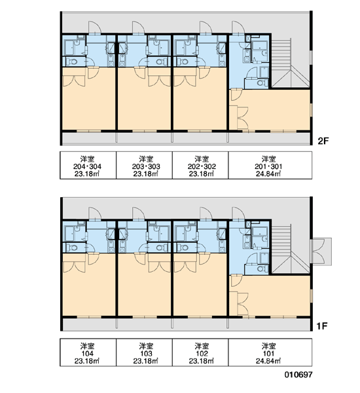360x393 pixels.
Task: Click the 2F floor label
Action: pos(323,141)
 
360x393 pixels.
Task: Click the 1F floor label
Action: pos(322,326)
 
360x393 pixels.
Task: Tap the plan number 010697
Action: pos(298,375)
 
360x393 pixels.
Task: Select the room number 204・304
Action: pos(88,166)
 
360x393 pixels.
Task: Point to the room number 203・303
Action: pos(147,166)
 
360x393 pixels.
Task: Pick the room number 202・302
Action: pos(202,166)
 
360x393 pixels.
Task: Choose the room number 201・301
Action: pos(268,166)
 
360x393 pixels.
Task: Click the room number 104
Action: pos(88,354)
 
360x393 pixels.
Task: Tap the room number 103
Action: pos(147,354)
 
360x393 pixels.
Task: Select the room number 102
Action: pos(202,354)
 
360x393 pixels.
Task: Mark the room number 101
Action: pos(268,354)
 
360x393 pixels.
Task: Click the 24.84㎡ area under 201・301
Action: pos(268,174)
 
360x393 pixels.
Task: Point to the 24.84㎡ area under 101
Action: pos(268,361)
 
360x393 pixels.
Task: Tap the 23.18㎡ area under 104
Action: pos(87,361)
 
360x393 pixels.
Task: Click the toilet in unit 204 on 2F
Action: pos(73,62)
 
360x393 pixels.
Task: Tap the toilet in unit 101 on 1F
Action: pos(261,269)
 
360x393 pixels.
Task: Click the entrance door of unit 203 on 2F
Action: pos(138,28)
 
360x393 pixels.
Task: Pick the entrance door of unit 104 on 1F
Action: pos(95,214)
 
